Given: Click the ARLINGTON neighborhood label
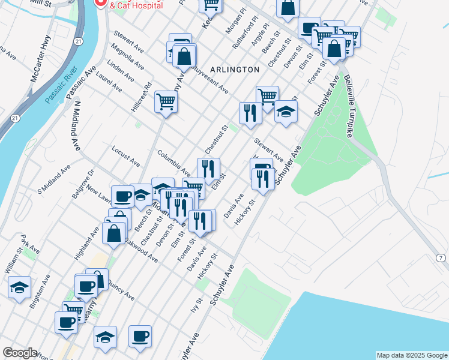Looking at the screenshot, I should click(x=235, y=70).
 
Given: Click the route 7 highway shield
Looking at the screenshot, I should click(x=441, y=257).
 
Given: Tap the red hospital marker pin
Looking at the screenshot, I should click(x=100, y=4).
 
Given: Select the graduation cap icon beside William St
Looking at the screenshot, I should click(x=20, y=287).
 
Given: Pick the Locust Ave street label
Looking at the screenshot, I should click(x=125, y=155).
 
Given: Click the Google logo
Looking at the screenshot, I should click(x=20, y=353).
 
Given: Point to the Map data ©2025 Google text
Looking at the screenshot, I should click(x=412, y=355).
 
